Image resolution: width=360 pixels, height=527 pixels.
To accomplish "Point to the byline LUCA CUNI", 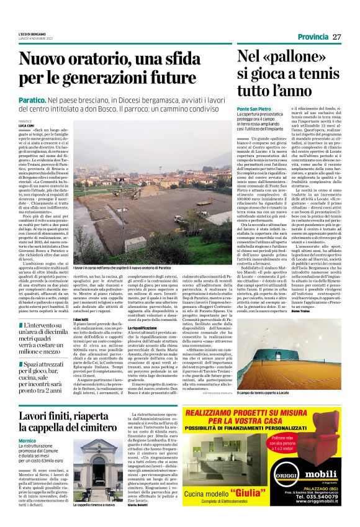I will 27,125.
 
